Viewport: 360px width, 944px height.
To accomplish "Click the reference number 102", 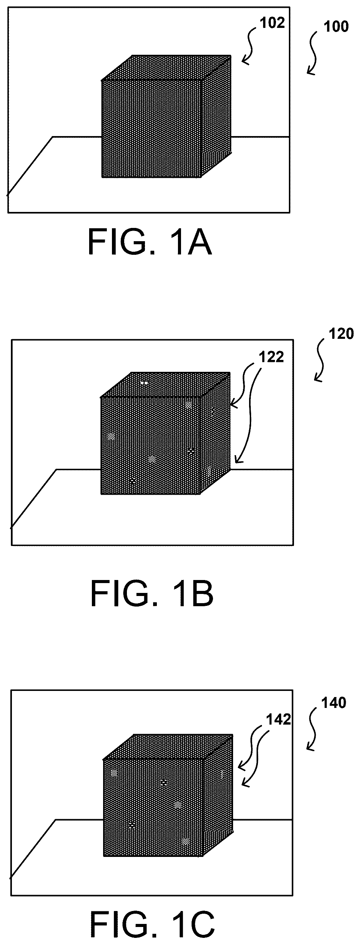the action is click(272, 23).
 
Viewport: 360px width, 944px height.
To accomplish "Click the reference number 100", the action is click(336, 27).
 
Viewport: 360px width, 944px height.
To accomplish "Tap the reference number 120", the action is click(341, 334).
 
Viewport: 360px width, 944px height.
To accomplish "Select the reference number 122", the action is click(271, 357).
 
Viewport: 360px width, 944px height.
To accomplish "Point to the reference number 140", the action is click(333, 703).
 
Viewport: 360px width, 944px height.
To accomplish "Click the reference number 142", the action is click(279, 720).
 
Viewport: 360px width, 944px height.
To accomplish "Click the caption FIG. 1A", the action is click(150, 242).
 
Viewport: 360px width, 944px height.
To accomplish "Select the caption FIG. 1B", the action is click(152, 594).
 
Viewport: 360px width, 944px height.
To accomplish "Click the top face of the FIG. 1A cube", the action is click(167, 68).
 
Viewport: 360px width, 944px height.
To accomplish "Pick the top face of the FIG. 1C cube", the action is click(168, 746).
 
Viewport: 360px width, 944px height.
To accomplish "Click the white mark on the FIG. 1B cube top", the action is click(144, 383).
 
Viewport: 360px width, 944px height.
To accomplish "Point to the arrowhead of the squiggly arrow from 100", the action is click(310, 72).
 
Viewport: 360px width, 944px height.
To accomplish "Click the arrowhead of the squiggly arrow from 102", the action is click(245, 62).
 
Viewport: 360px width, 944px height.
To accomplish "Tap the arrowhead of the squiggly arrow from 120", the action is click(317, 379).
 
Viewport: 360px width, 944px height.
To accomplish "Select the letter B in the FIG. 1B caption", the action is click(201, 594).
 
